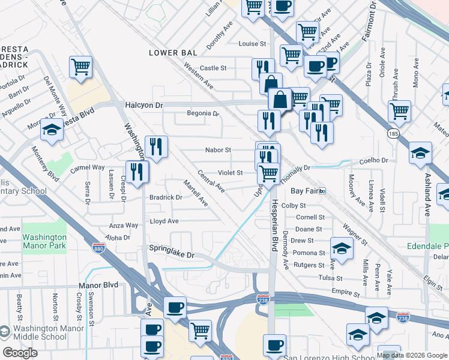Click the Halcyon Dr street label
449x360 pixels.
[144, 105]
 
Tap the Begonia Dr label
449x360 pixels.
[203, 113]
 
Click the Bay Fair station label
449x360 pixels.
[304, 191]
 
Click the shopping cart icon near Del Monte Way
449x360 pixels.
[80, 67]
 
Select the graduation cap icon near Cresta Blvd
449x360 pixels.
[52, 131]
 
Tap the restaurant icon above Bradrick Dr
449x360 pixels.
[137, 172]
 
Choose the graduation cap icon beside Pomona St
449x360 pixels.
[342, 249]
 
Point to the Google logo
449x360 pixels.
[20, 353]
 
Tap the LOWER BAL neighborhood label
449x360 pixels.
[173, 53]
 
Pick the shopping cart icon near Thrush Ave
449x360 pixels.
[399, 111]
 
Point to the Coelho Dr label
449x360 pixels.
[375, 160]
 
